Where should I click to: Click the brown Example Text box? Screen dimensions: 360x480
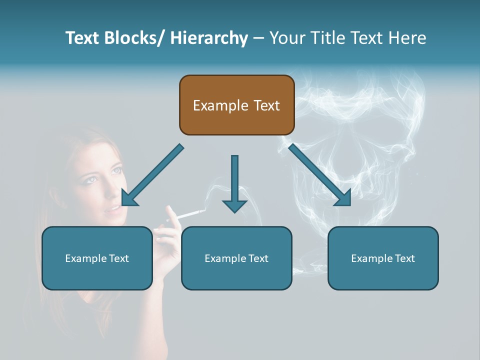(236, 105)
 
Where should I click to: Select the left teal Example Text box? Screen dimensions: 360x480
(97, 258)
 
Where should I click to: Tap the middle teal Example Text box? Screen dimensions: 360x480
(236, 258)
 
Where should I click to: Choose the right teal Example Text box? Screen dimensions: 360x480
(383, 258)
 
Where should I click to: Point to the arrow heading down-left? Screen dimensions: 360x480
(151, 175)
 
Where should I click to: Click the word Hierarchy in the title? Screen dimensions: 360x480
(209, 38)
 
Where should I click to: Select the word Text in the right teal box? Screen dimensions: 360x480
(404, 258)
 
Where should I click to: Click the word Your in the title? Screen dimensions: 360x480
(286, 38)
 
